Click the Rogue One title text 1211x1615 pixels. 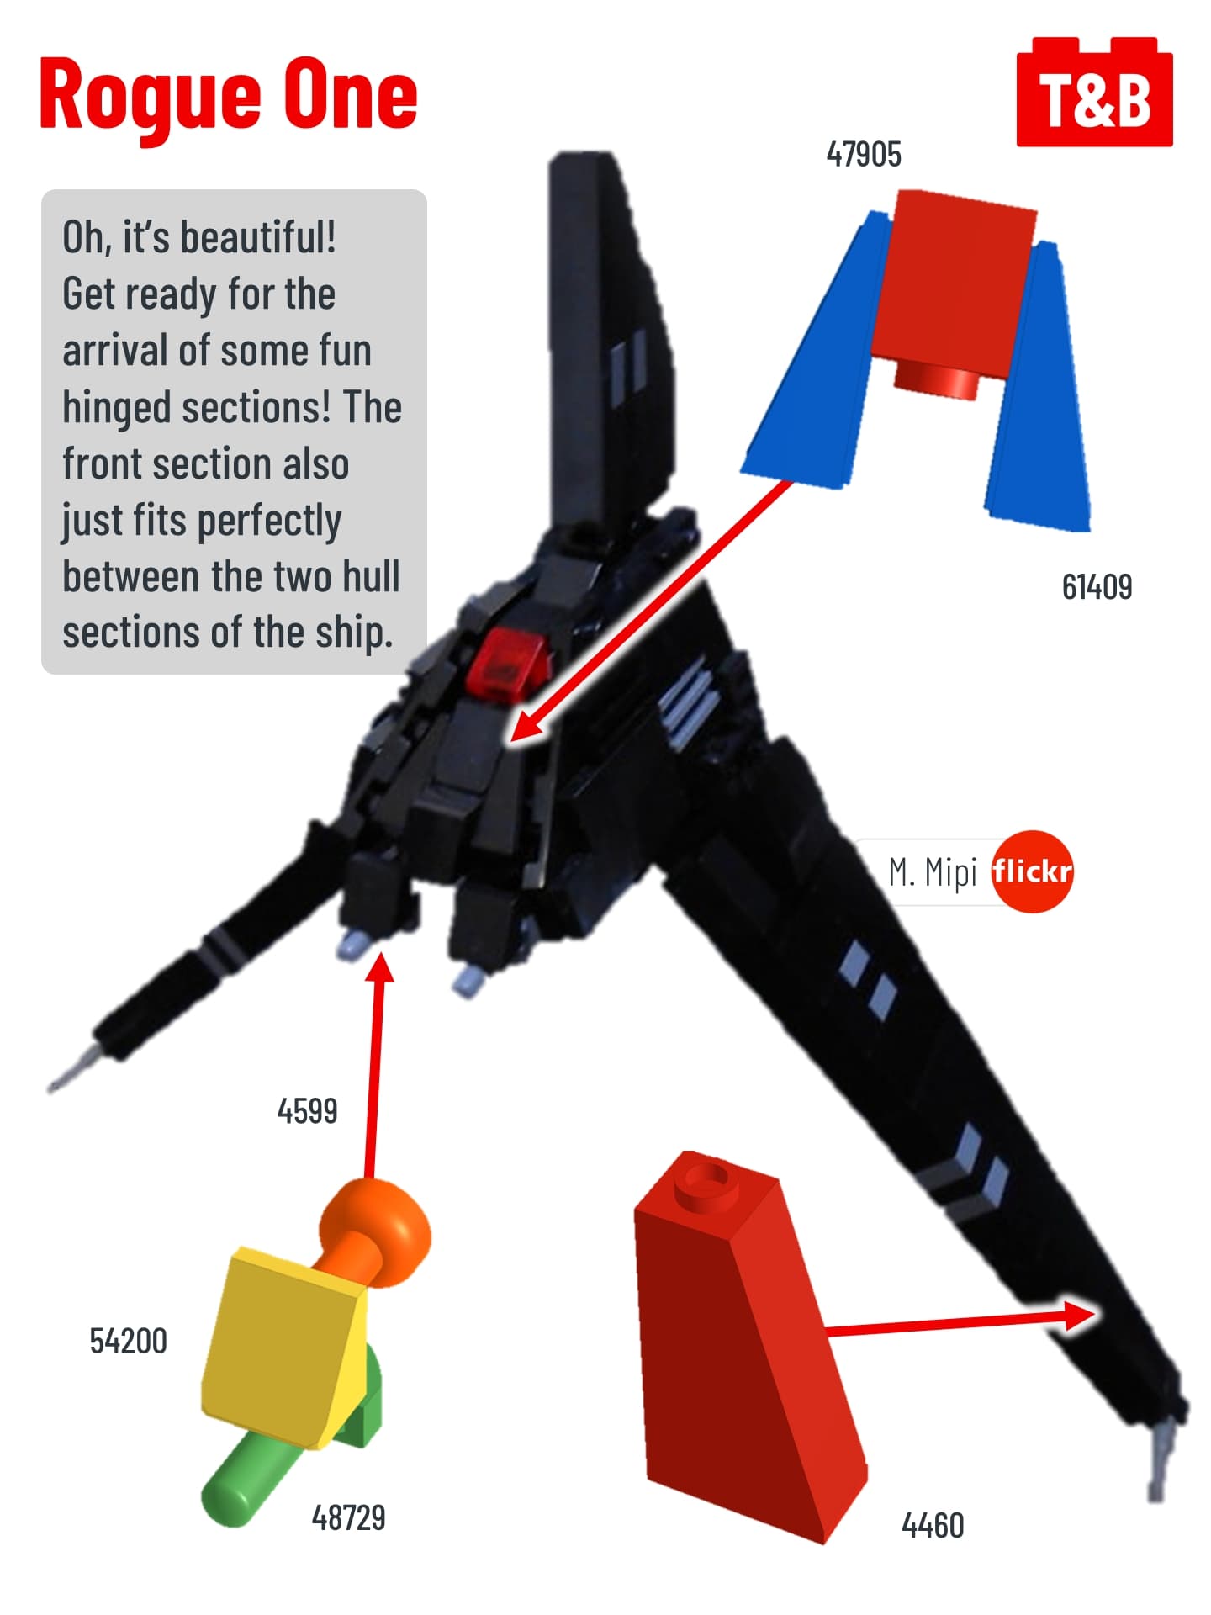[228, 94]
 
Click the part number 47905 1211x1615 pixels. [864, 155]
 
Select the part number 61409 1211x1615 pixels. [1097, 587]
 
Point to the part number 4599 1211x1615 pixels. [307, 1111]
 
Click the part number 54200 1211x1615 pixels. [129, 1341]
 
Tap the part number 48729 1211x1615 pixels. [348, 1517]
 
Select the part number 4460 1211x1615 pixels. [933, 1525]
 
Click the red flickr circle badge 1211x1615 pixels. [1032, 871]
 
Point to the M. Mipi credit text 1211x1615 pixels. [932, 872]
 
